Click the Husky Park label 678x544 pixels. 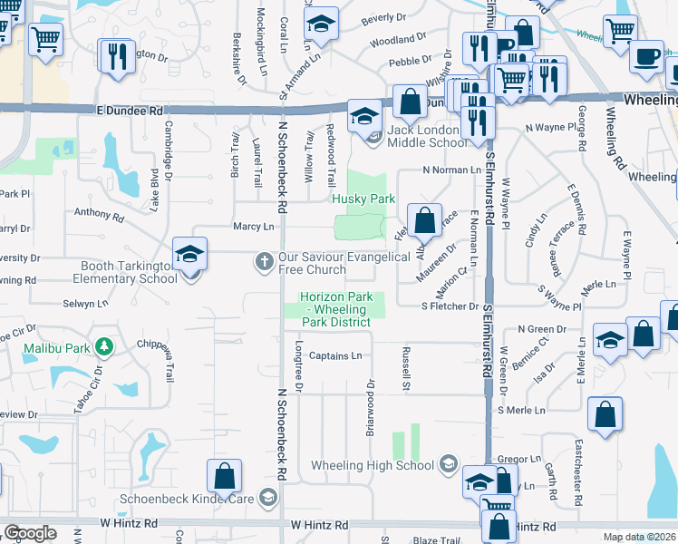pos(363,198)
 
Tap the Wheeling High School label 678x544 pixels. pos(373,466)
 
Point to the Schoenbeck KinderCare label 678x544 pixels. pos(189,498)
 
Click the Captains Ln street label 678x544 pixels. pos(335,356)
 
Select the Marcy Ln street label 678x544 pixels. pos(254,226)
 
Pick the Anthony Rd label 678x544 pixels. pos(99,215)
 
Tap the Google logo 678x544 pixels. pos(30,533)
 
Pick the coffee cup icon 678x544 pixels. pos(646,56)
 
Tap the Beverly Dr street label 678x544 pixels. pos(383,18)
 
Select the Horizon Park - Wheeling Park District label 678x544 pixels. pos(335,309)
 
